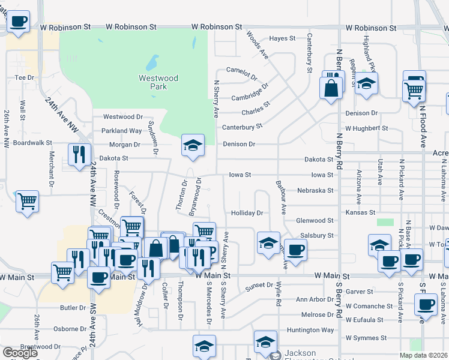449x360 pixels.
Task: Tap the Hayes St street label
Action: (282, 38)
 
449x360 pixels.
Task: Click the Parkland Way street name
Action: (122, 131)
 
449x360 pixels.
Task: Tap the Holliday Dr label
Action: (247, 213)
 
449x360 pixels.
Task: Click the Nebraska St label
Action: (315, 191)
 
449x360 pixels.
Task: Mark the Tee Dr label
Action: (24, 77)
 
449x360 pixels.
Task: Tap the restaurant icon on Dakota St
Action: (79, 154)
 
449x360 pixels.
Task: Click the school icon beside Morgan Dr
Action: (193, 145)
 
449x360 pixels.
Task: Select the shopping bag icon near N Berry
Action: (331, 88)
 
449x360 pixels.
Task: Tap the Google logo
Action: (20, 353)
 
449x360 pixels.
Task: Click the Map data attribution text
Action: (423, 355)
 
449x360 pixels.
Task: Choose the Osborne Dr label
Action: (70, 329)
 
